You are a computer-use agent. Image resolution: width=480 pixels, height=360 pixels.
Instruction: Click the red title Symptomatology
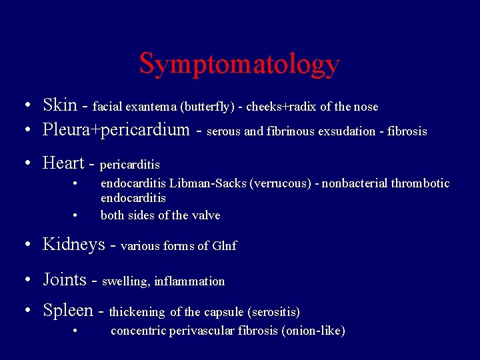click(239, 64)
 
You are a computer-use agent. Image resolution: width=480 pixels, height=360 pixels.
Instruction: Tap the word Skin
click(59, 105)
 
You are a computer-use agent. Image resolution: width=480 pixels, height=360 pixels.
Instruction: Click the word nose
click(365, 107)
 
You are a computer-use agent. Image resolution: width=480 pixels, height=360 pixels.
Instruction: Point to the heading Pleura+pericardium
click(116, 129)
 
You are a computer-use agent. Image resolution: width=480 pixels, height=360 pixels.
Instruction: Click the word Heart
click(63, 163)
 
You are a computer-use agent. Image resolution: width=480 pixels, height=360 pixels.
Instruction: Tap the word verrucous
click(282, 183)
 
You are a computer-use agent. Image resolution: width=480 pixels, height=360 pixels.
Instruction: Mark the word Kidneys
click(74, 244)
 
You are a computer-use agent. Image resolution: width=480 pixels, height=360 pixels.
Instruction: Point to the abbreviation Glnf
click(225, 246)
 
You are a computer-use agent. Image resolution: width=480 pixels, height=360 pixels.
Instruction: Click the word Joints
click(65, 279)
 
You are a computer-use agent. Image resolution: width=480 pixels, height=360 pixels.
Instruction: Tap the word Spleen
click(68, 310)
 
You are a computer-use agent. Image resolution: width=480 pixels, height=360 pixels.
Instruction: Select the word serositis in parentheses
click(271, 312)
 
